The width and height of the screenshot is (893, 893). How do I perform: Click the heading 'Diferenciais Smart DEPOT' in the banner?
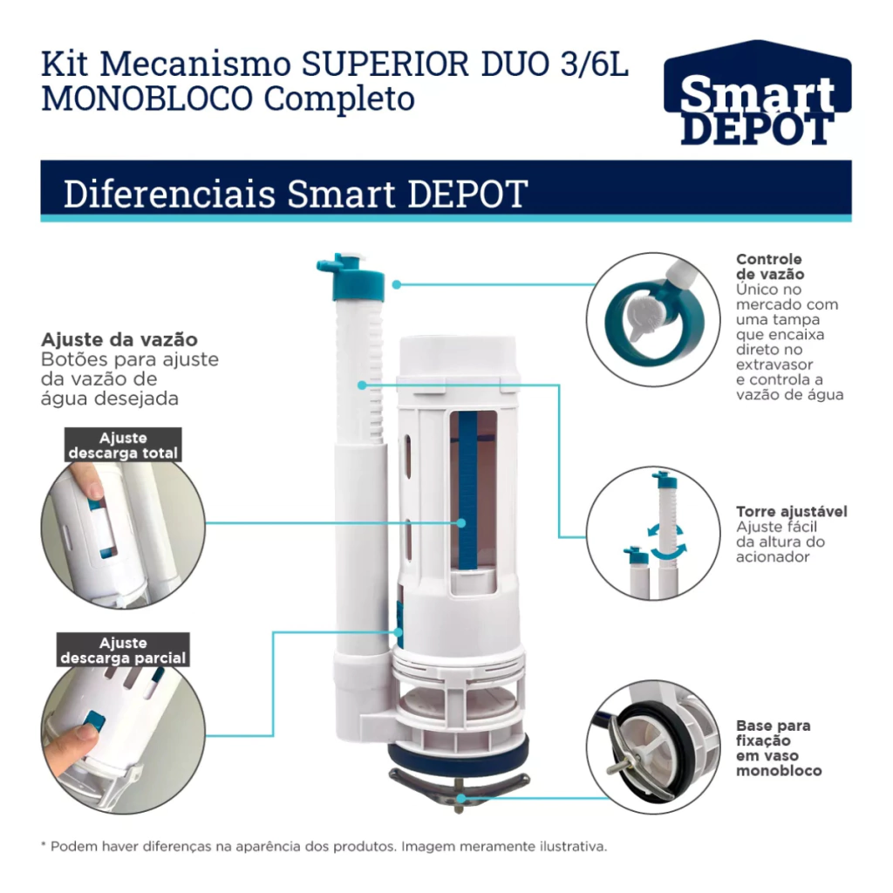296,194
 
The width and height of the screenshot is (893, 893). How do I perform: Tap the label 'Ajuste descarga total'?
123,446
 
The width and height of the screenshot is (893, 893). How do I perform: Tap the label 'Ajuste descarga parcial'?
123,651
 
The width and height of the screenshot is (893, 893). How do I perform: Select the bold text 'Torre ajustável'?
792,511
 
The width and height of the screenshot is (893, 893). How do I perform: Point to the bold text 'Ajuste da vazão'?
119,339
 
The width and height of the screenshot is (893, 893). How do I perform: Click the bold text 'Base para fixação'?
773,733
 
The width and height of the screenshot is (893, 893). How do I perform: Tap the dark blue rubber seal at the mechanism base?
459,753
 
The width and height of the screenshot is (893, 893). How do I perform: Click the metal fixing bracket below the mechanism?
459,783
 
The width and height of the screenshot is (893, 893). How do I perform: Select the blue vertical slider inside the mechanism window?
467,491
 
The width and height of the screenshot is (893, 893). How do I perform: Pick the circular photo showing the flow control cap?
653,319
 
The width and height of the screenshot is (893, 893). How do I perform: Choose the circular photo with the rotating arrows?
653,533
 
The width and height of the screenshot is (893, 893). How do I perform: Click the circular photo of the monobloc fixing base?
653,746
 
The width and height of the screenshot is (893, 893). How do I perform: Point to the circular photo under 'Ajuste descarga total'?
123,532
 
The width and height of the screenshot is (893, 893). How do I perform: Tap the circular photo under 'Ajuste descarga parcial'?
123,732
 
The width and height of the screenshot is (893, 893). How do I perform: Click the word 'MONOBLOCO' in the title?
147,99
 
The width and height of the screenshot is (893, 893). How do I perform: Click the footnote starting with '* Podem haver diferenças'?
324,846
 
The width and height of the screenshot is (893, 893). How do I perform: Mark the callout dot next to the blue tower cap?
397,284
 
